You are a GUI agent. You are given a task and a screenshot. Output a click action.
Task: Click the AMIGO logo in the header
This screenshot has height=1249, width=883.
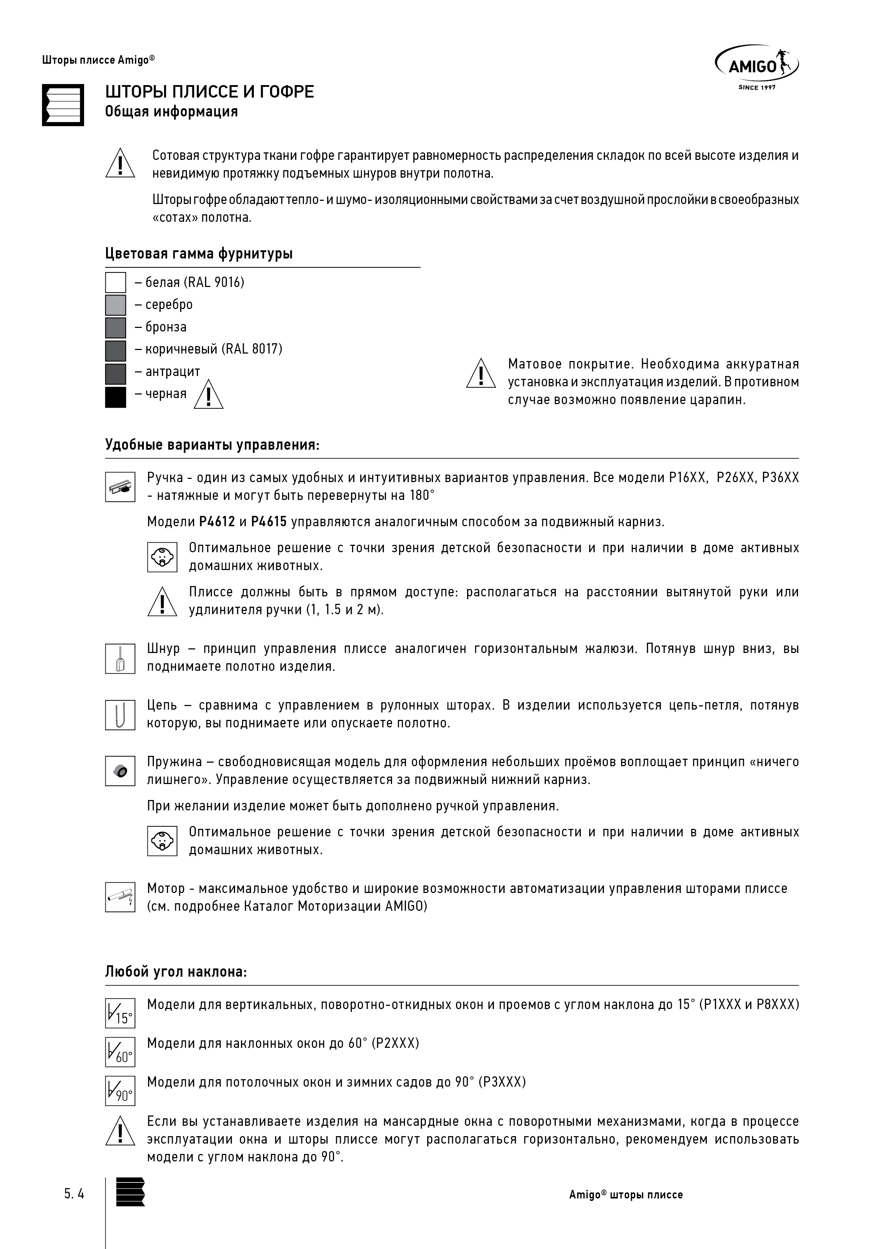click(756, 66)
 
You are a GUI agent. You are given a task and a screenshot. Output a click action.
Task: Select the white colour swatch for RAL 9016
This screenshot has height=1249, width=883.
click(115, 282)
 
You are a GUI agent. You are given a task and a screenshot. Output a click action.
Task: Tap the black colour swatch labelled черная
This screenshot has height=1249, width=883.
click(115, 397)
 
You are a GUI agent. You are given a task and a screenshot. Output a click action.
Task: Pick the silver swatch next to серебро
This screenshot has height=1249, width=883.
click(115, 305)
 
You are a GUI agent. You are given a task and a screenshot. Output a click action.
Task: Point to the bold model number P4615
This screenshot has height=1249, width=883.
click(269, 522)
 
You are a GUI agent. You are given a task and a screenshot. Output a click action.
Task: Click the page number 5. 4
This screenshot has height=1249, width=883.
click(74, 1195)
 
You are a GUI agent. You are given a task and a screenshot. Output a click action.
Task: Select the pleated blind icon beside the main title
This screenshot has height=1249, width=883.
click(63, 105)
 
